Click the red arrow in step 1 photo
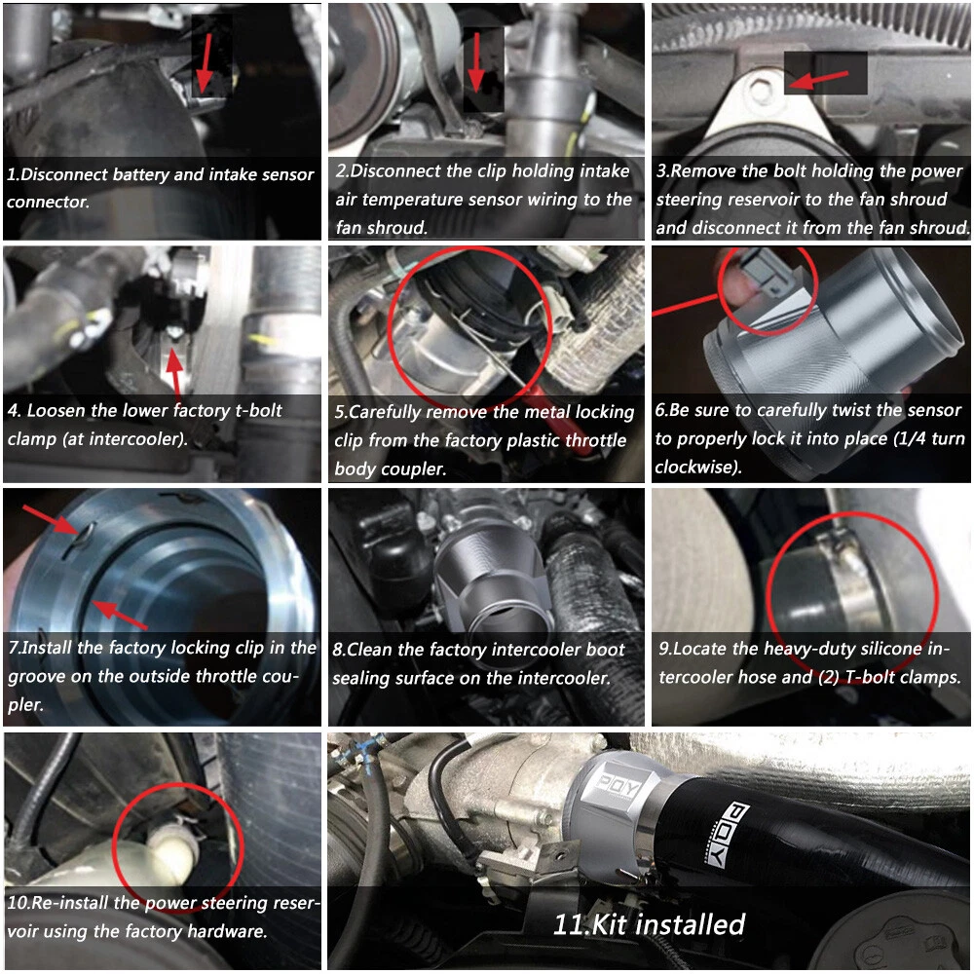(x=205, y=62)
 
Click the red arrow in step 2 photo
(x=476, y=62)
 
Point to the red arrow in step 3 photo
(x=819, y=80)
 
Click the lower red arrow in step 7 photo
(x=120, y=615)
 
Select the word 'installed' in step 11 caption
(x=689, y=924)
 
